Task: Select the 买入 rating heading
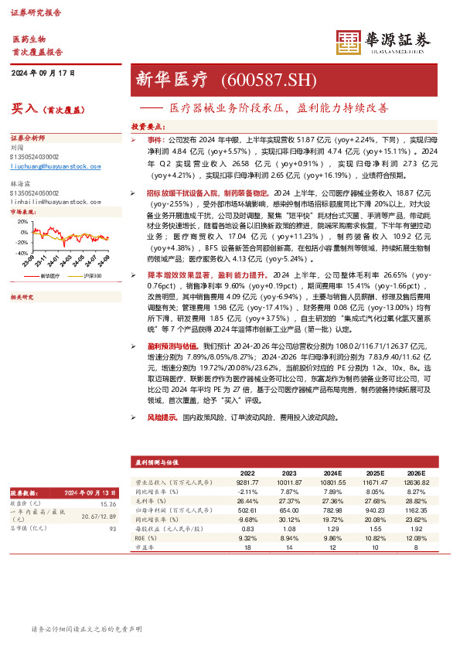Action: point(26,109)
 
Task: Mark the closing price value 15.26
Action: point(107,503)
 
